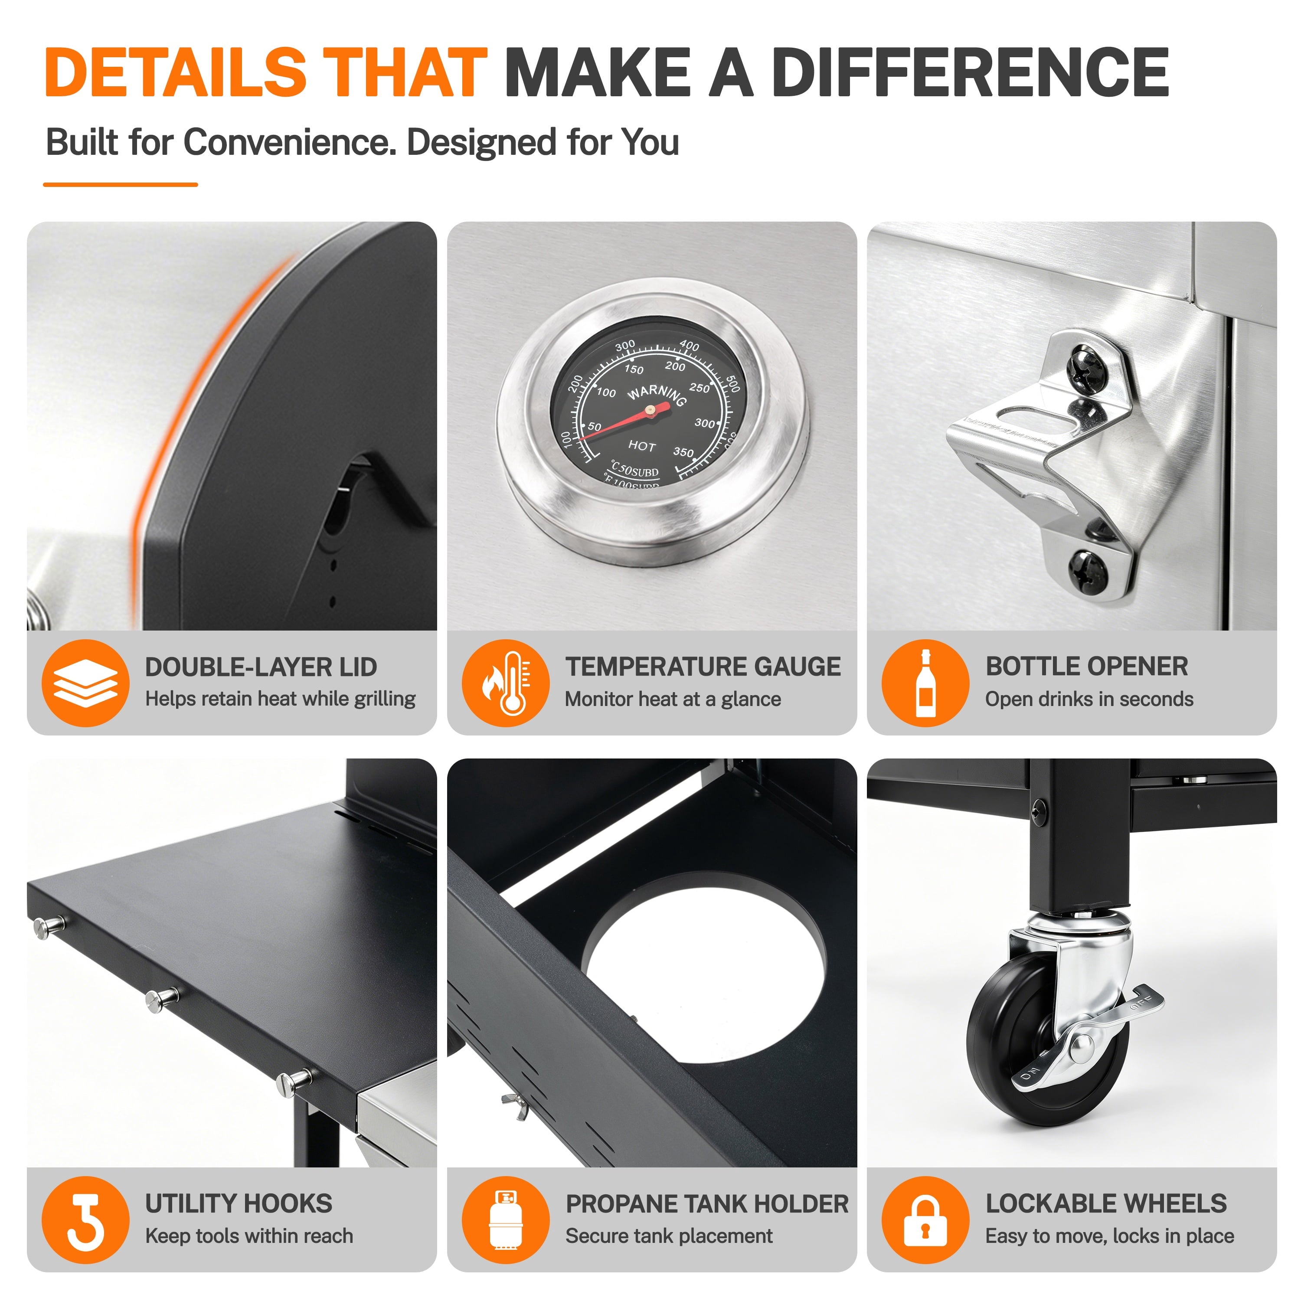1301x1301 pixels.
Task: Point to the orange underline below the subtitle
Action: click(x=121, y=184)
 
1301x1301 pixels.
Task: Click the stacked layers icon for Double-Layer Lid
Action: click(x=85, y=683)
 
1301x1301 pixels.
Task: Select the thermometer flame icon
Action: click(x=506, y=683)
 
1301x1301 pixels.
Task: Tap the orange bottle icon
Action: click(x=925, y=683)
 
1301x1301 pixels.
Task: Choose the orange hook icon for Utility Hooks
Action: click(x=85, y=1219)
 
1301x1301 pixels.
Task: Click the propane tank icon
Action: click(x=506, y=1219)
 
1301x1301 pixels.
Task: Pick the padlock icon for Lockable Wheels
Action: click(x=925, y=1219)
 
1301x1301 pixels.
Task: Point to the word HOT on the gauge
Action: click(x=642, y=446)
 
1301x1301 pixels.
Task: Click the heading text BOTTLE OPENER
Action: click(x=1087, y=666)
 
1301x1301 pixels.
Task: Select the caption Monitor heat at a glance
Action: click(x=673, y=699)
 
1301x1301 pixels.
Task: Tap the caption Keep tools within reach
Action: click(x=249, y=1236)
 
